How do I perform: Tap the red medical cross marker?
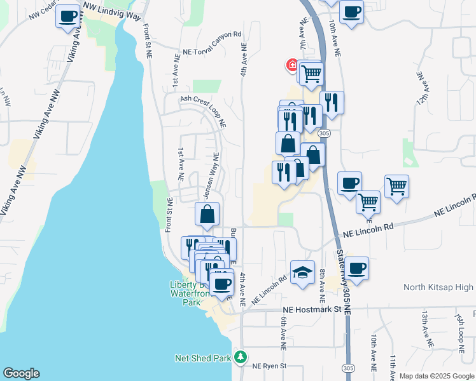pos(292,65)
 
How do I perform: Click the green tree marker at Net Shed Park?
pos(240,358)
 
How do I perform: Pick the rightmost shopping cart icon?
pos(396,186)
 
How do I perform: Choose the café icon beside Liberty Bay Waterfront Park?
pos(221,284)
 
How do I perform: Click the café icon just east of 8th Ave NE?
pos(358,267)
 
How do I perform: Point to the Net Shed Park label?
pos(202,358)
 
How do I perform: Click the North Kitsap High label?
pos(438,288)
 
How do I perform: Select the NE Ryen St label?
pos(270,366)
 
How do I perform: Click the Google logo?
pos(21,373)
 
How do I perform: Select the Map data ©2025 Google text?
pos(437,376)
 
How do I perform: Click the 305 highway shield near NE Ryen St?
pos(347,368)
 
